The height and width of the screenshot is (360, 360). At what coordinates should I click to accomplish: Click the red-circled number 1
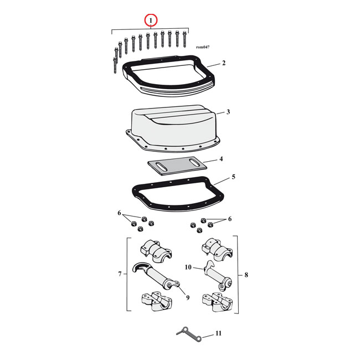151,20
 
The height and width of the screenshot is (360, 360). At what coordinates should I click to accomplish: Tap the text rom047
203,48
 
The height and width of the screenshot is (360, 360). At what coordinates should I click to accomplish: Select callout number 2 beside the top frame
223,63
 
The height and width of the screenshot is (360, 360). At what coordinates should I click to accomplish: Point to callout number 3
228,112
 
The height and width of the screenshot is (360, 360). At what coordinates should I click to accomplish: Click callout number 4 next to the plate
221,160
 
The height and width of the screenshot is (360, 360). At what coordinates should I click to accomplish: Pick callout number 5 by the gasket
233,177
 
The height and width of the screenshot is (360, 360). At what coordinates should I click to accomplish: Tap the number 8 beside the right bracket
246,274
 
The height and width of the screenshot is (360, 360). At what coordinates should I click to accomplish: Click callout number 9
188,298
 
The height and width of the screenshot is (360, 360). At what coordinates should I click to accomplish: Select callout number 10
187,268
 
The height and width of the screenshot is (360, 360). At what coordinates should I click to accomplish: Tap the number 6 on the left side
119,213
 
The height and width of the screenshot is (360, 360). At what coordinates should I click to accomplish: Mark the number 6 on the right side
229,219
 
